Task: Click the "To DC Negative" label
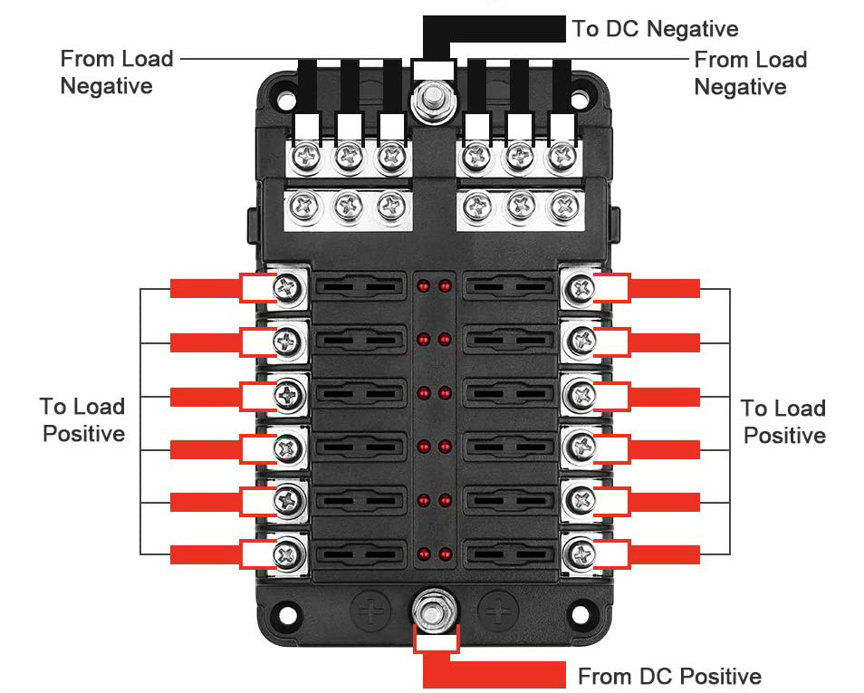(655, 29)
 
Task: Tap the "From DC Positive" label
(669, 676)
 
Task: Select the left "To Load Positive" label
(82, 419)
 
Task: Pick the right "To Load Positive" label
(783, 421)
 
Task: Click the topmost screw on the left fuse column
(289, 288)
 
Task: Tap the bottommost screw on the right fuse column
(577, 552)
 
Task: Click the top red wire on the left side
(204, 288)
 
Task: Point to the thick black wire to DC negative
(498, 29)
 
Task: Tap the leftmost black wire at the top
(306, 86)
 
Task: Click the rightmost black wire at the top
(562, 86)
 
